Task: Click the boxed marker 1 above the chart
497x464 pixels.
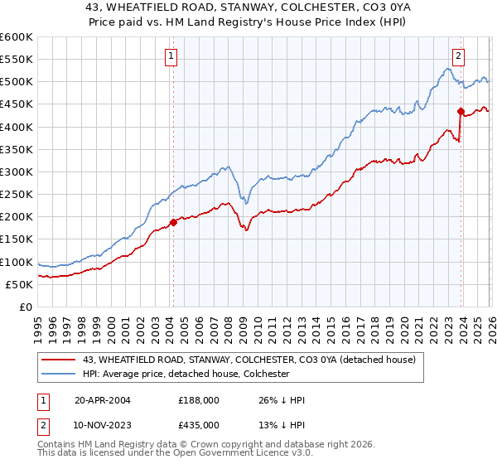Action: point(171,56)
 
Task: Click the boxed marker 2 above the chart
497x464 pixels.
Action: point(458,56)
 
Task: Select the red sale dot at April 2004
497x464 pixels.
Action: point(174,222)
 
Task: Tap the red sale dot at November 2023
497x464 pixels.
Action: point(461,111)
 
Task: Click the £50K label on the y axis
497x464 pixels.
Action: point(19,284)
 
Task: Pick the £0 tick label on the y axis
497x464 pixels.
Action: point(26,307)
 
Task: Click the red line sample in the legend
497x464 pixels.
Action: point(59,359)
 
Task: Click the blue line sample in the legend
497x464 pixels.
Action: point(59,374)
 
